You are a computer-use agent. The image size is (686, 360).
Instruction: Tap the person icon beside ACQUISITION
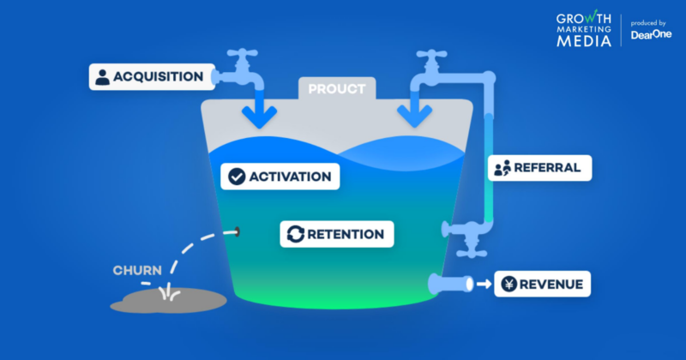pos(103,77)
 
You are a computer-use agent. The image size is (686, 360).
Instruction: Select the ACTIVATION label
pos(290,177)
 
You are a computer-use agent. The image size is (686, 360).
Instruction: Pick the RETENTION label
pos(345,234)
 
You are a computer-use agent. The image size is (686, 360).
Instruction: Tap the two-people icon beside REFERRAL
pos(502,167)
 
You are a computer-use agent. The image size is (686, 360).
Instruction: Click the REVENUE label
pos(552,284)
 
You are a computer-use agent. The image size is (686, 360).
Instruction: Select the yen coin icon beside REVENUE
pos(508,284)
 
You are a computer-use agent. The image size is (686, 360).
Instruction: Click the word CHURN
pos(137,271)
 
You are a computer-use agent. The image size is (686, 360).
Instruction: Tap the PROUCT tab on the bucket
pos(336,89)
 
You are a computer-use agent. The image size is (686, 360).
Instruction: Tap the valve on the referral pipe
pos(466,231)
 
